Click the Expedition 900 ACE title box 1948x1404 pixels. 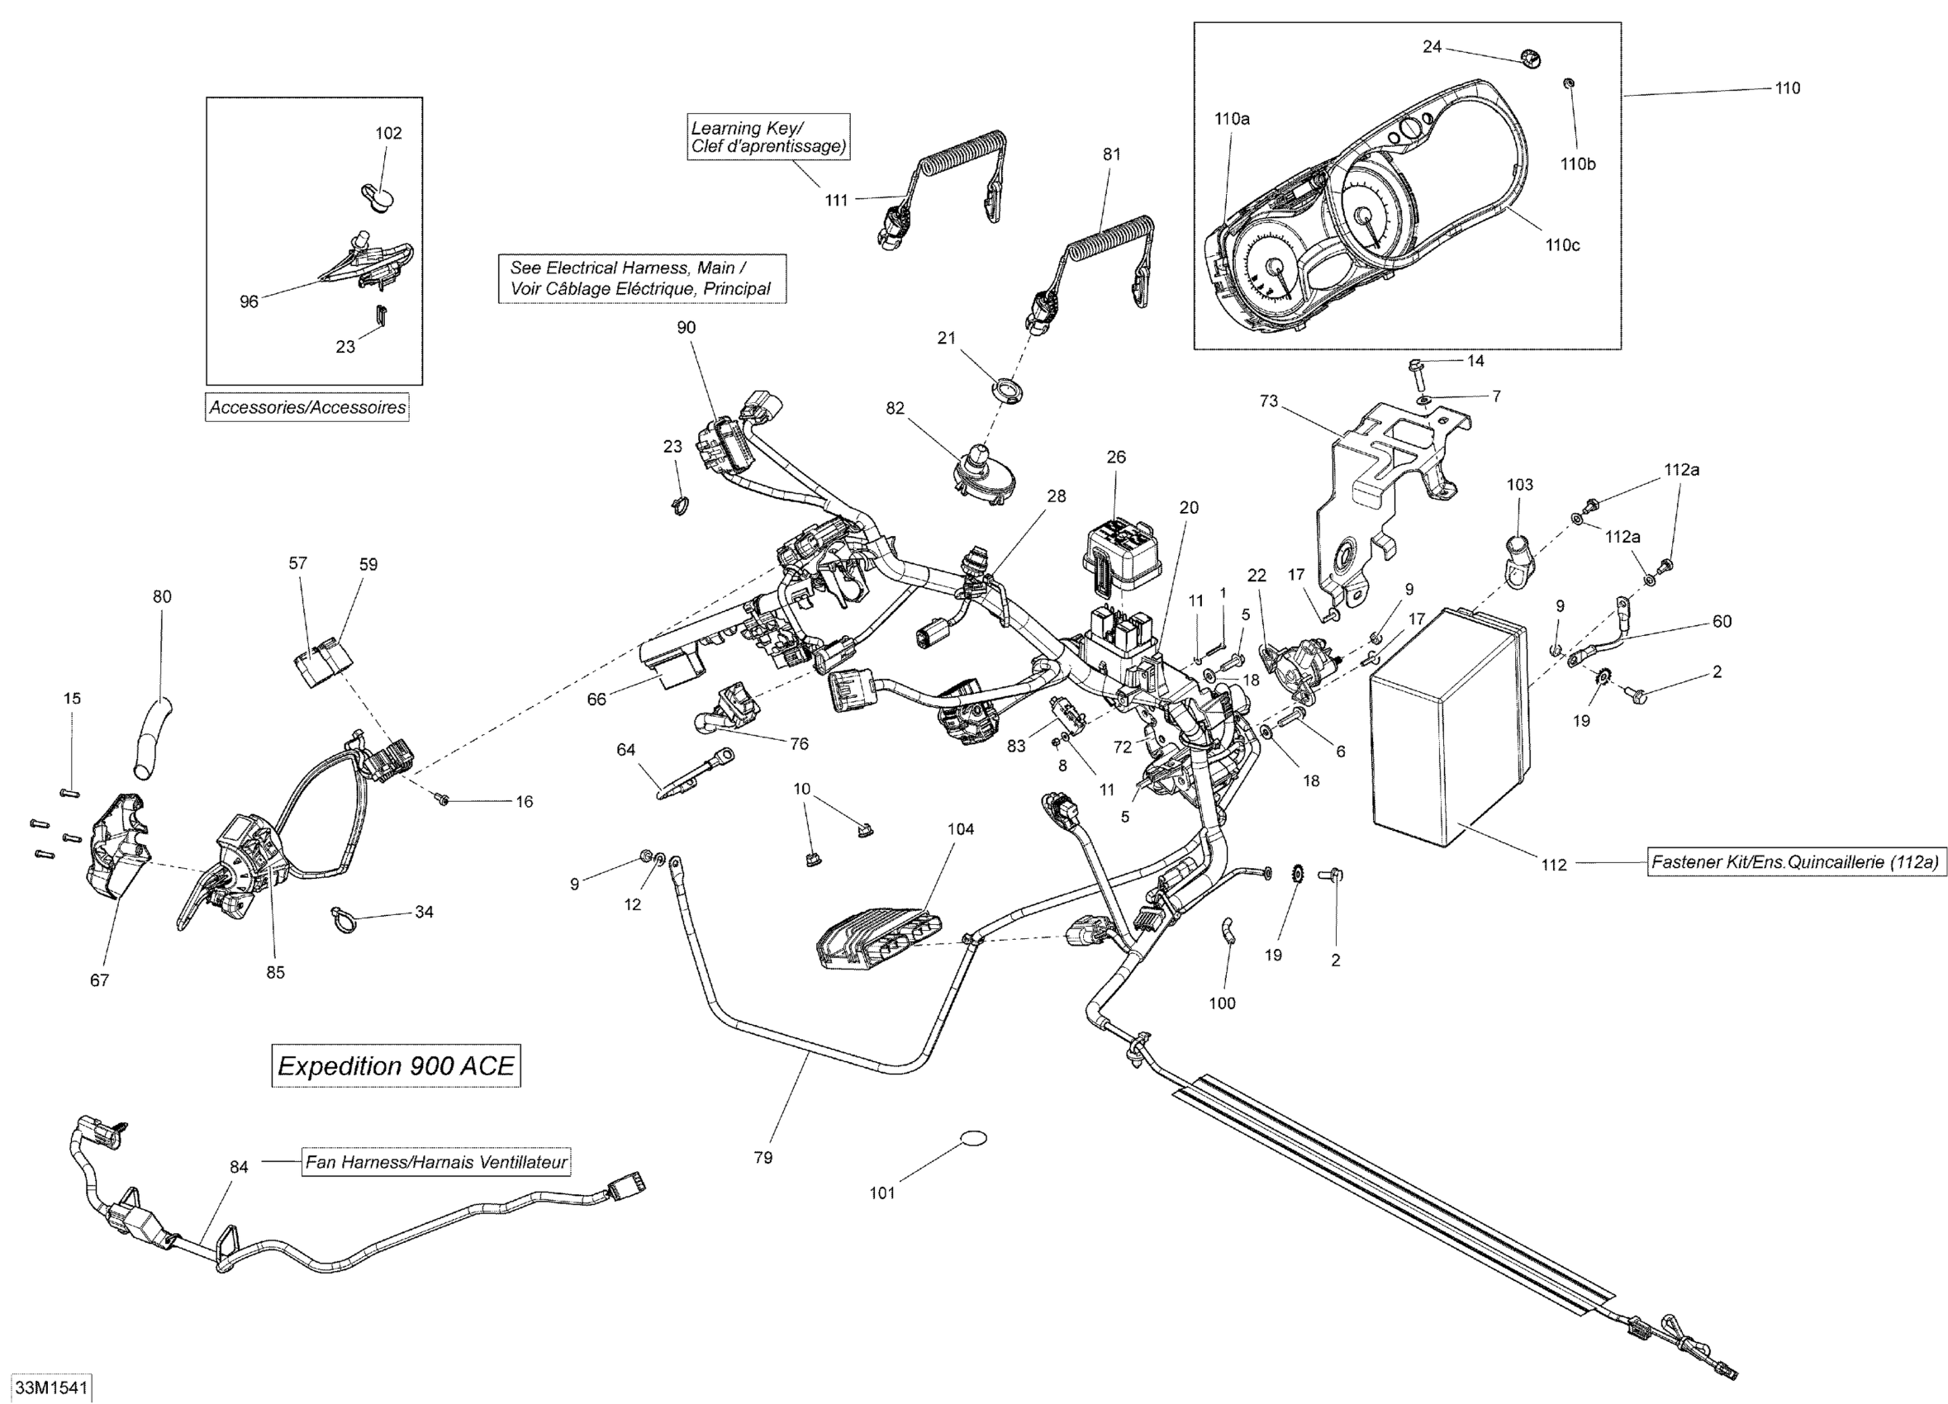[x=396, y=1065]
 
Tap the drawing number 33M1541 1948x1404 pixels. [x=51, y=1387]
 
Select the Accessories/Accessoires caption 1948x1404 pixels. [x=307, y=407]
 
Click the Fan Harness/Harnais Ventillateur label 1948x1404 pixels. [x=437, y=1162]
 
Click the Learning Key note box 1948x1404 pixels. [x=769, y=136]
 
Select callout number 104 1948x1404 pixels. [x=960, y=828]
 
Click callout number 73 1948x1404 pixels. [x=1269, y=401]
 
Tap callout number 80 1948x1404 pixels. [x=161, y=597]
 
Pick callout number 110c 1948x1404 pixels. [x=1562, y=245]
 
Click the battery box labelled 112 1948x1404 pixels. [x=1450, y=723]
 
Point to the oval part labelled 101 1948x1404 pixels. [x=972, y=1139]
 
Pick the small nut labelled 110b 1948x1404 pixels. [x=1567, y=83]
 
